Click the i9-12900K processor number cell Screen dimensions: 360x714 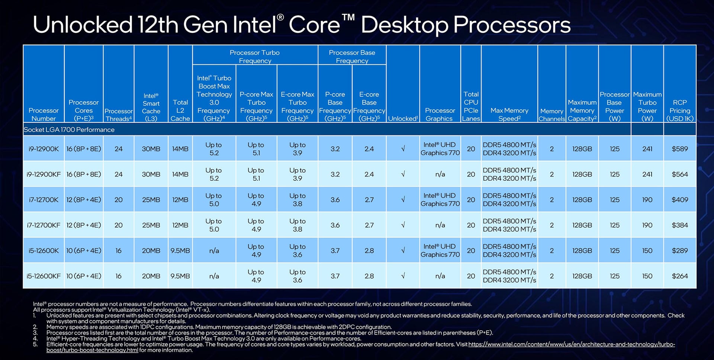(x=44, y=149)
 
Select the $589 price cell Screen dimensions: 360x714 (x=679, y=149)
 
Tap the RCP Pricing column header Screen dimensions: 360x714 (x=679, y=110)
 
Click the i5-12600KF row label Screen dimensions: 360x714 (x=44, y=276)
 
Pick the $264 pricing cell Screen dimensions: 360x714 (x=679, y=276)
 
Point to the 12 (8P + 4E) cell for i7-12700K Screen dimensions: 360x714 (x=84, y=200)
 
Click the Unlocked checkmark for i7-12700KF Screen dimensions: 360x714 (x=403, y=225)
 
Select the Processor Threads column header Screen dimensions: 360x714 (x=118, y=115)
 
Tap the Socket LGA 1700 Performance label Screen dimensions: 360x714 (x=69, y=129)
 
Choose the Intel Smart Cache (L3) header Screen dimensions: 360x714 (x=151, y=107)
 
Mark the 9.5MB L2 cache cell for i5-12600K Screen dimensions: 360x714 (x=180, y=251)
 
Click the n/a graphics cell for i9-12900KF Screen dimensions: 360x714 (x=440, y=174)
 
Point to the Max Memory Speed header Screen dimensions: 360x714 (x=509, y=114)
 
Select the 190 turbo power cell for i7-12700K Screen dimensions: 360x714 (x=647, y=200)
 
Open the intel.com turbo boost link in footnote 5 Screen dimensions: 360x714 (x=571, y=344)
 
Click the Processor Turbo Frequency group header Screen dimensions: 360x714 (x=255, y=57)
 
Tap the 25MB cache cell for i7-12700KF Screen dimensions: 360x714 (x=151, y=225)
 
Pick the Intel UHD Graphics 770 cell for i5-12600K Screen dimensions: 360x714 (x=440, y=251)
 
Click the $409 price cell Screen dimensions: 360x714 (x=679, y=200)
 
